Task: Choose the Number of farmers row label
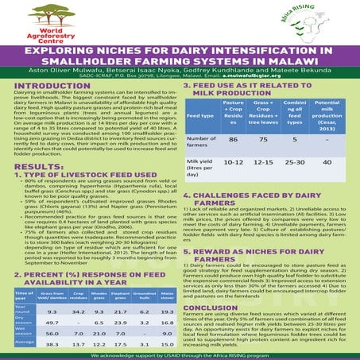[x=199, y=139]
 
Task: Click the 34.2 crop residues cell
[x=79, y=290]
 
